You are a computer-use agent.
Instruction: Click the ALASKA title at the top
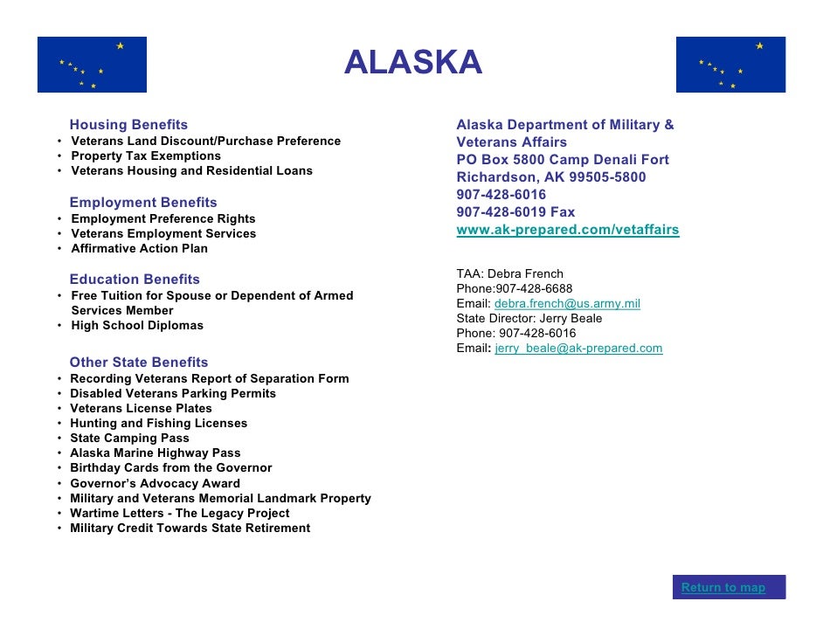click(412, 63)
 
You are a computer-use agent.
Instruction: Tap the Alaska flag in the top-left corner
click(92, 65)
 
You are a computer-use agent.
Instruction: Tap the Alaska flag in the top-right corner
click(730, 65)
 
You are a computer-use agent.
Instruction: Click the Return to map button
click(723, 587)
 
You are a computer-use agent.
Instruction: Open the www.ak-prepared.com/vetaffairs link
click(567, 230)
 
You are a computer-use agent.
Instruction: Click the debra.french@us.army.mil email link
click(567, 303)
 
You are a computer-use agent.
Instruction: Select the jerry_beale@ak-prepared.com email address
click(578, 348)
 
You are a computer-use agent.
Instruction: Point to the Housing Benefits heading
click(128, 125)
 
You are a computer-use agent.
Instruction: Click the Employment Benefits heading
click(143, 203)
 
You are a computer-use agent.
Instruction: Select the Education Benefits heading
click(135, 280)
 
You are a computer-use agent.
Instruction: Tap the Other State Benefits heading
click(139, 363)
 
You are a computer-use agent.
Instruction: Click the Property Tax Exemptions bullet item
click(146, 156)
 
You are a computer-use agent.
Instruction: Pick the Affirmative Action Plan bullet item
click(139, 249)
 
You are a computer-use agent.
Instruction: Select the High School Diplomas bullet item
click(137, 326)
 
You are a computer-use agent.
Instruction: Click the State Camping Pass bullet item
click(129, 439)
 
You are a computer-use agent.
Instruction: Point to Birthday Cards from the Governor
click(170, 468)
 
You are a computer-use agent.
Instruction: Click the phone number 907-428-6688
click(534, 288)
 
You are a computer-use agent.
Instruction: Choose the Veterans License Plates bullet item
click(141, 409)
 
